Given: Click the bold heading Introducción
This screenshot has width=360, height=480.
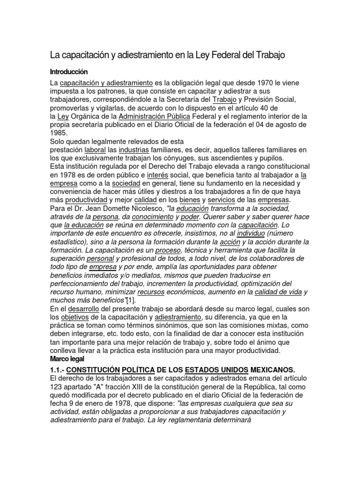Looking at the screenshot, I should pyautogui.click(x=69, y=72).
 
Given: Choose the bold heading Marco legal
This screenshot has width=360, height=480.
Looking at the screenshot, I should pyautogui.click(x=69, y=359).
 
